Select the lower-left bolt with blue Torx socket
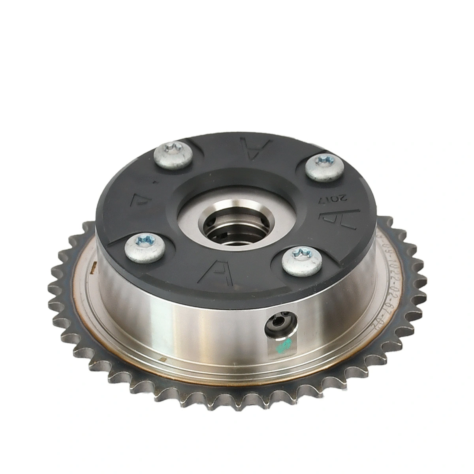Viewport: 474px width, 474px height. click(144, 248)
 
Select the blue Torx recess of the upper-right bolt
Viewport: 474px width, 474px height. click(326, 160)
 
